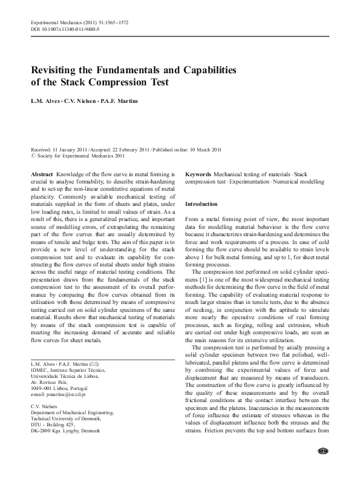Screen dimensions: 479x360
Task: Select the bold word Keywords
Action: [198, 174]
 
